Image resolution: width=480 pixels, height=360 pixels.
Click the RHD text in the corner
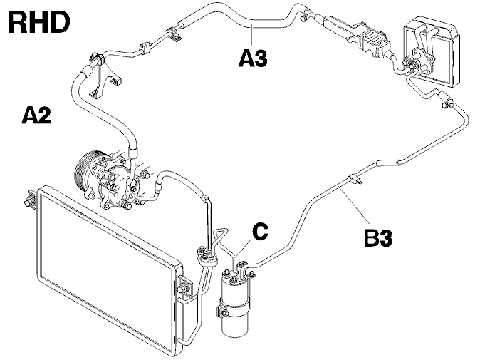[x=39, y=22]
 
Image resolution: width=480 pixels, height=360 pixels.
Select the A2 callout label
[x=36, y=115]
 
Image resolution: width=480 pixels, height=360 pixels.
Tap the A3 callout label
[x=253, y=58]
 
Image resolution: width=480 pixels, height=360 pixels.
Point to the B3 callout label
[x=378, y=237]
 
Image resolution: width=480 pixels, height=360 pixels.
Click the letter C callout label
[x=261, y=231]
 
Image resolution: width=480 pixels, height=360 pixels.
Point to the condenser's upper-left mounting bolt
[x=29, y=202]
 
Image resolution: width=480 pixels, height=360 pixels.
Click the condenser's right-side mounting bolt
[x=183, y=288]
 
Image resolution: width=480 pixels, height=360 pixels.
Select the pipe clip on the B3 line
[x=354, y=178]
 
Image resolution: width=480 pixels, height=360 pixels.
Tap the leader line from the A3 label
[x=251, y=36]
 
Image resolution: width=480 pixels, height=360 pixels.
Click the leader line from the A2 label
[x=78, y=115]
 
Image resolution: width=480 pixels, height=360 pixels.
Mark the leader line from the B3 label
[x=355, y=203]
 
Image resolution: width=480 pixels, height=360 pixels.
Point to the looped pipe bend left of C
[x=221, y=235]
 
